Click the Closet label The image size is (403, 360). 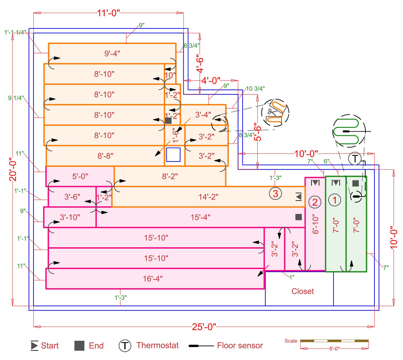pos(303,291)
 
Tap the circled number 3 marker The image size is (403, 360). pos(275,194)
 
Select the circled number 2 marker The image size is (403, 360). pos(315,202)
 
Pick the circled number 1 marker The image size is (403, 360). pos(334,200)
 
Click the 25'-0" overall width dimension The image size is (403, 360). pos(204,327)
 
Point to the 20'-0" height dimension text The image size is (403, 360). pos(13,169)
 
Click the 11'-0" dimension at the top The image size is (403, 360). pos(108,13)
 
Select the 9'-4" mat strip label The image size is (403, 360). pos(112,53)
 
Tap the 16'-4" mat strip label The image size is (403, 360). pos(153,278)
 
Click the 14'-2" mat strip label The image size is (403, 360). pos(208,197)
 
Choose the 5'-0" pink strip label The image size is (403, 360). pos(80,176)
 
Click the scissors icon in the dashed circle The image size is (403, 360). pos(271,112)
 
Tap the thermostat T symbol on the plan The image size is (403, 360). pos(355,158)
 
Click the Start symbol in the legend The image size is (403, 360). pos(35,345)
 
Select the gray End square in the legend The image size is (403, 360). pos(79,346)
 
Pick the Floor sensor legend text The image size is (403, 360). pos(240,345)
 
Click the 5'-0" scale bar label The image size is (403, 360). pos(334,348)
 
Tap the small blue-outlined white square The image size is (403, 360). pos(173,155)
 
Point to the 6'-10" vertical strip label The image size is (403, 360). pos(315,224)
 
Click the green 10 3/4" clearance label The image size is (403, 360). pos(255,88)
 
